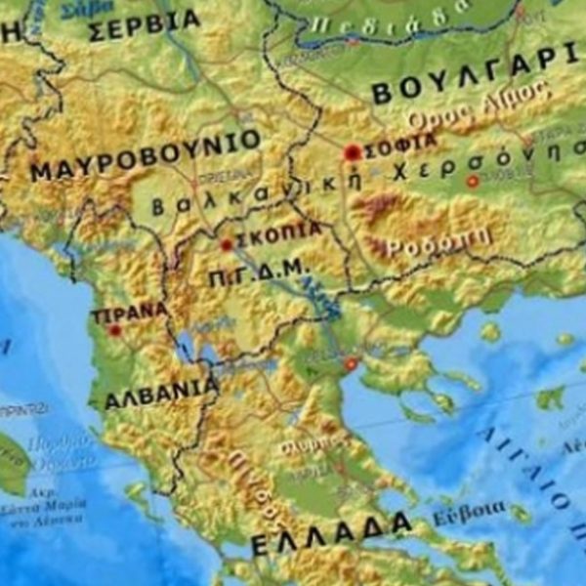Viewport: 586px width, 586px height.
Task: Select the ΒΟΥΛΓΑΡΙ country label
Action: (479, 76)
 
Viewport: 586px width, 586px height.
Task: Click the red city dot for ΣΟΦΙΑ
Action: (352, 152)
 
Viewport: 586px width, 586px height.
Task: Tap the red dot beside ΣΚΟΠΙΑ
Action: (227, 245)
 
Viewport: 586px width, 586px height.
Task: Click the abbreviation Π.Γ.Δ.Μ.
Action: (258, 274)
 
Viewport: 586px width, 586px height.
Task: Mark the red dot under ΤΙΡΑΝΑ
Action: (115, 330)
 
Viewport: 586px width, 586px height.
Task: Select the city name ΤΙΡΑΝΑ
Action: (128, 313)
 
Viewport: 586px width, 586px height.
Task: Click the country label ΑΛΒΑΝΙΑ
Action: (161, 393)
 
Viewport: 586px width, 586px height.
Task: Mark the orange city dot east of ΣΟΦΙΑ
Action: (473, 182)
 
